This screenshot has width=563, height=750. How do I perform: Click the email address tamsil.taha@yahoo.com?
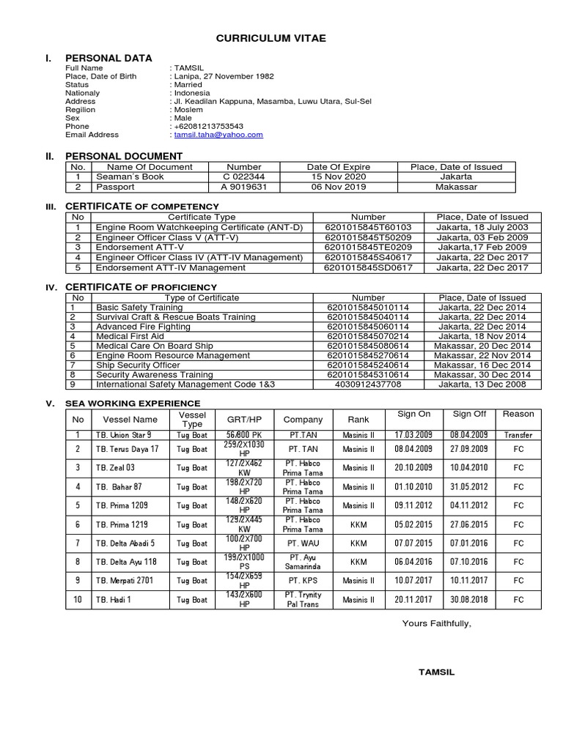pos(218,135)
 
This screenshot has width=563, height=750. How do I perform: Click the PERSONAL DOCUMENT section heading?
pos(124,156)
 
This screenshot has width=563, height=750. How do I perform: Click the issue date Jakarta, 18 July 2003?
pos(482,227)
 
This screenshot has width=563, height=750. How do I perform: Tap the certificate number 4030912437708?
pos(368,384)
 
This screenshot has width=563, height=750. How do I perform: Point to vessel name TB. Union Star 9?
pos(124,435)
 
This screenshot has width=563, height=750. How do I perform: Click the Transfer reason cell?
pos(518,435)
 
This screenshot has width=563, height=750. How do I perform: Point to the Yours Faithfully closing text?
pos(437,623)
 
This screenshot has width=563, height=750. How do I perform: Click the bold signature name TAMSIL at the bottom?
pos(436,672)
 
